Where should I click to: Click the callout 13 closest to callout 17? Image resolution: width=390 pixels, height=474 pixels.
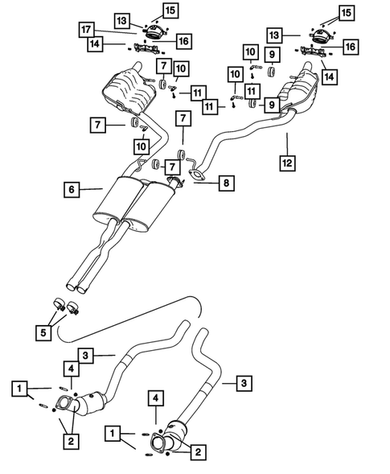click(121, 19)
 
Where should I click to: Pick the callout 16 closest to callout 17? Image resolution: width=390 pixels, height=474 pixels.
click(183, 39)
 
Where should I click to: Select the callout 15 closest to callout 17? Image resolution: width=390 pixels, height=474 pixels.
click(170, 10)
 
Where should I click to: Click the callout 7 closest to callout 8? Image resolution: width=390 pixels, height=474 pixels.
click(171, 166)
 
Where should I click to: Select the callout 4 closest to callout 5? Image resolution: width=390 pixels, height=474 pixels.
click(71, 369)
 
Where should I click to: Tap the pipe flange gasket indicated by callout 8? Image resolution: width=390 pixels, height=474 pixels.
click(196, 171)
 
